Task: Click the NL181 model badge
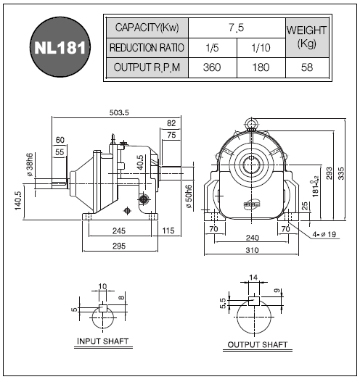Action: coord(60,47)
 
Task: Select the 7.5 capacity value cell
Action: coord(237,28)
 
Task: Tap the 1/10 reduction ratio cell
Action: coord(261,48)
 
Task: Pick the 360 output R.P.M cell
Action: coord(212,67)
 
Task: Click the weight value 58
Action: coord(307,67)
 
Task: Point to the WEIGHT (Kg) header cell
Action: coord(307,38)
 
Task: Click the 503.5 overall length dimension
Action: coord(119,112)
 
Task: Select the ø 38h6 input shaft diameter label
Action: coord(30,165)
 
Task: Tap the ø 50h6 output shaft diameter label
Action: coord(189,196)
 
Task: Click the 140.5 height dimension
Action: coord(18,201)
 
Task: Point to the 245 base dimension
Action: coord(119,231)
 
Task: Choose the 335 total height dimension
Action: coord(341,173)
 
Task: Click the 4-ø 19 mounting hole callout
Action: coord(324,234)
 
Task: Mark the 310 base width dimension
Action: coord(252,250)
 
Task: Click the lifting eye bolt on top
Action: coord(251,124)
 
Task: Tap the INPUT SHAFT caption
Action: coord(103,341)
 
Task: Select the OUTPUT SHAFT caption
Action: coord(258,345)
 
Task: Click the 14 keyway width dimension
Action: coord(253,278)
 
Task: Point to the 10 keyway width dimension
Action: coord(102,286)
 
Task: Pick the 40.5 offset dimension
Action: coord(140,162)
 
